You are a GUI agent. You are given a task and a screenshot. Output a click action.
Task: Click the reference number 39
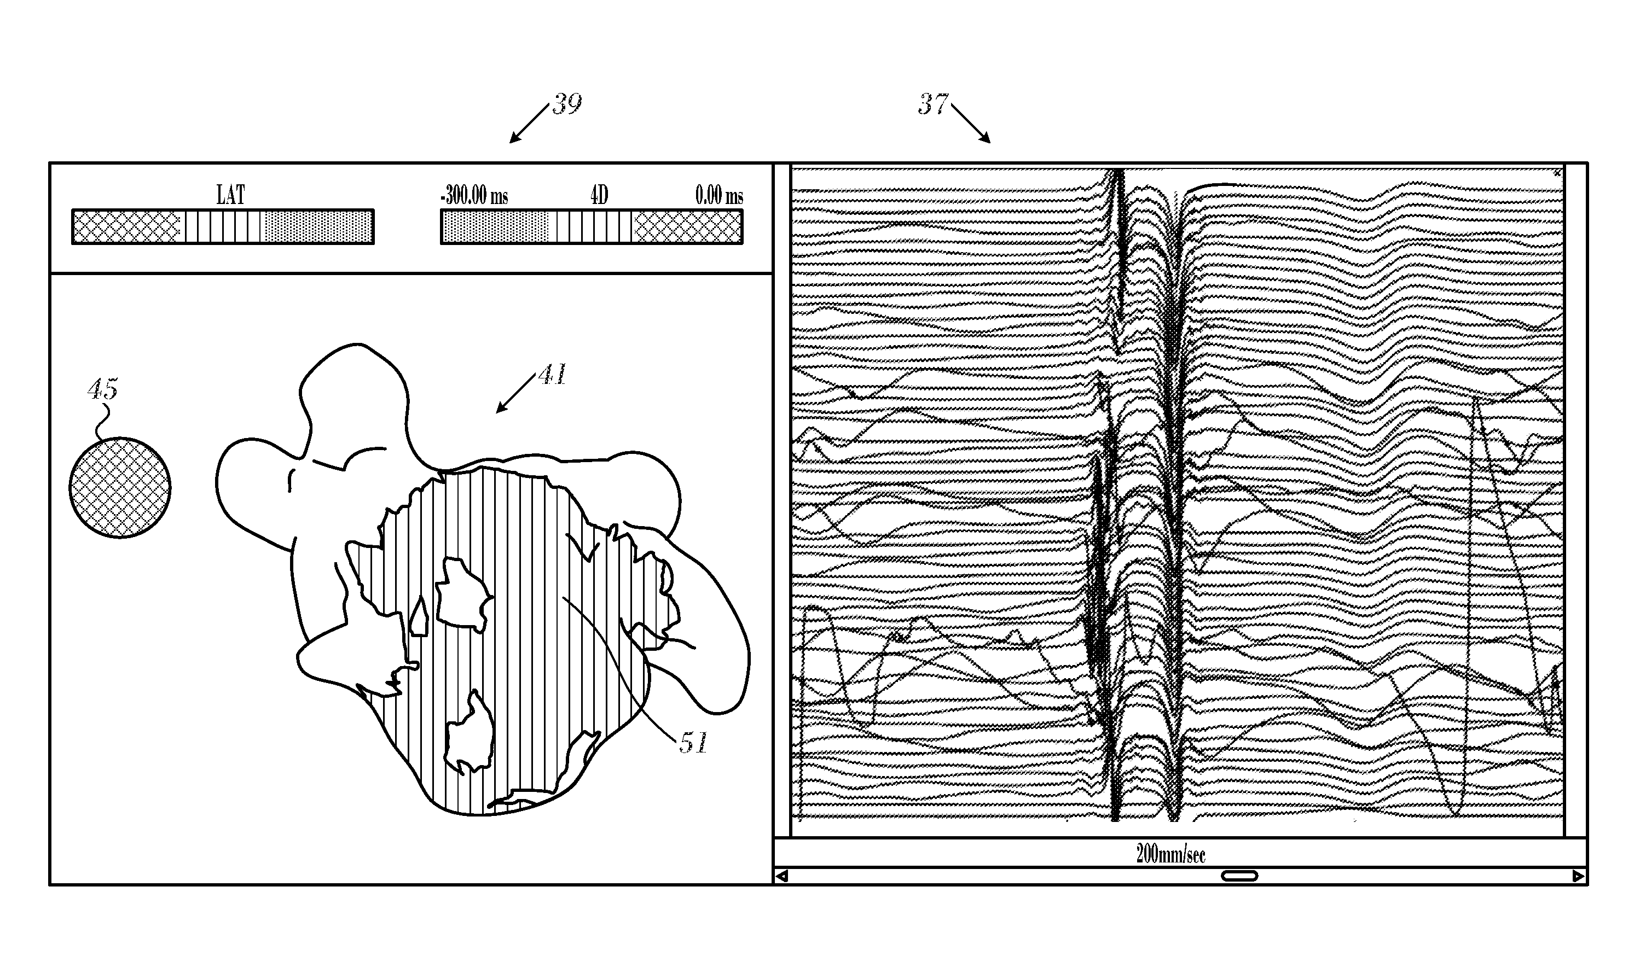click(x=566, y=104)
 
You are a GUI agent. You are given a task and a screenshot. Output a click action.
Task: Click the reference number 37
click(x=933, y=104)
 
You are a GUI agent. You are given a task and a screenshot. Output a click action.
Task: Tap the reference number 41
click(x=552, y=375)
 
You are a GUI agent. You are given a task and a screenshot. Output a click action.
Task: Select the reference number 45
click(x=102, y=389)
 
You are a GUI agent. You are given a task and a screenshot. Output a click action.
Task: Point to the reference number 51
click(x=693, y=743)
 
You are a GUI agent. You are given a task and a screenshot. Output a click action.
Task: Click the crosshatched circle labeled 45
click(x=120, y=488)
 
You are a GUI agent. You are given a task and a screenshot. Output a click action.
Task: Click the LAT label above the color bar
click(x=230, y=195)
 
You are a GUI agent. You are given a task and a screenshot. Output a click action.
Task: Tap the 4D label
click(x=599, y=195)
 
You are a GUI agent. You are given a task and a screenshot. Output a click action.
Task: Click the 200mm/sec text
click(x=1170, y=854)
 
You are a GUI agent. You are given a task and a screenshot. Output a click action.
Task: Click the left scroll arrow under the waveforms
click(x=782, y=876)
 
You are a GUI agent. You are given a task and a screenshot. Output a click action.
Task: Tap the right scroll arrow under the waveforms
click(x=1579, y=876)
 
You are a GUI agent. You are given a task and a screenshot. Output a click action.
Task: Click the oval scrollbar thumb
click(x=1239, y=876)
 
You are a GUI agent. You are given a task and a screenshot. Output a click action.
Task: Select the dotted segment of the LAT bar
click(x=316, y=227)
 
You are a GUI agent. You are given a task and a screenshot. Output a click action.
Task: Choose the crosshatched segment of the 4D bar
click(x=687, y=227)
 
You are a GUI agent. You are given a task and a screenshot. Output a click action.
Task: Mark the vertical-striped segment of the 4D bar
click(x=594, y=227)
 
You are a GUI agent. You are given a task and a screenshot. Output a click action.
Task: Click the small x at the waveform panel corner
click(x=1557, y=173)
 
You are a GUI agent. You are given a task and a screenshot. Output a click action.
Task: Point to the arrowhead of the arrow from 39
click(x=512, y=141)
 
